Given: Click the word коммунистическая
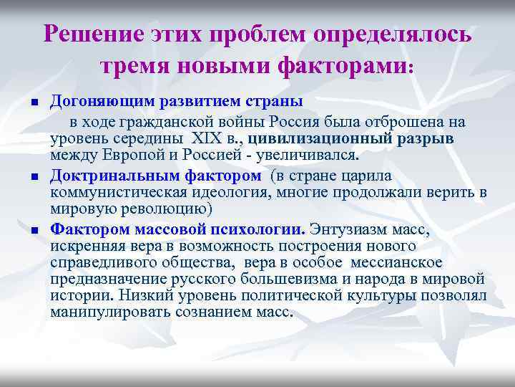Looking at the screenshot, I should [x=116, y=193].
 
